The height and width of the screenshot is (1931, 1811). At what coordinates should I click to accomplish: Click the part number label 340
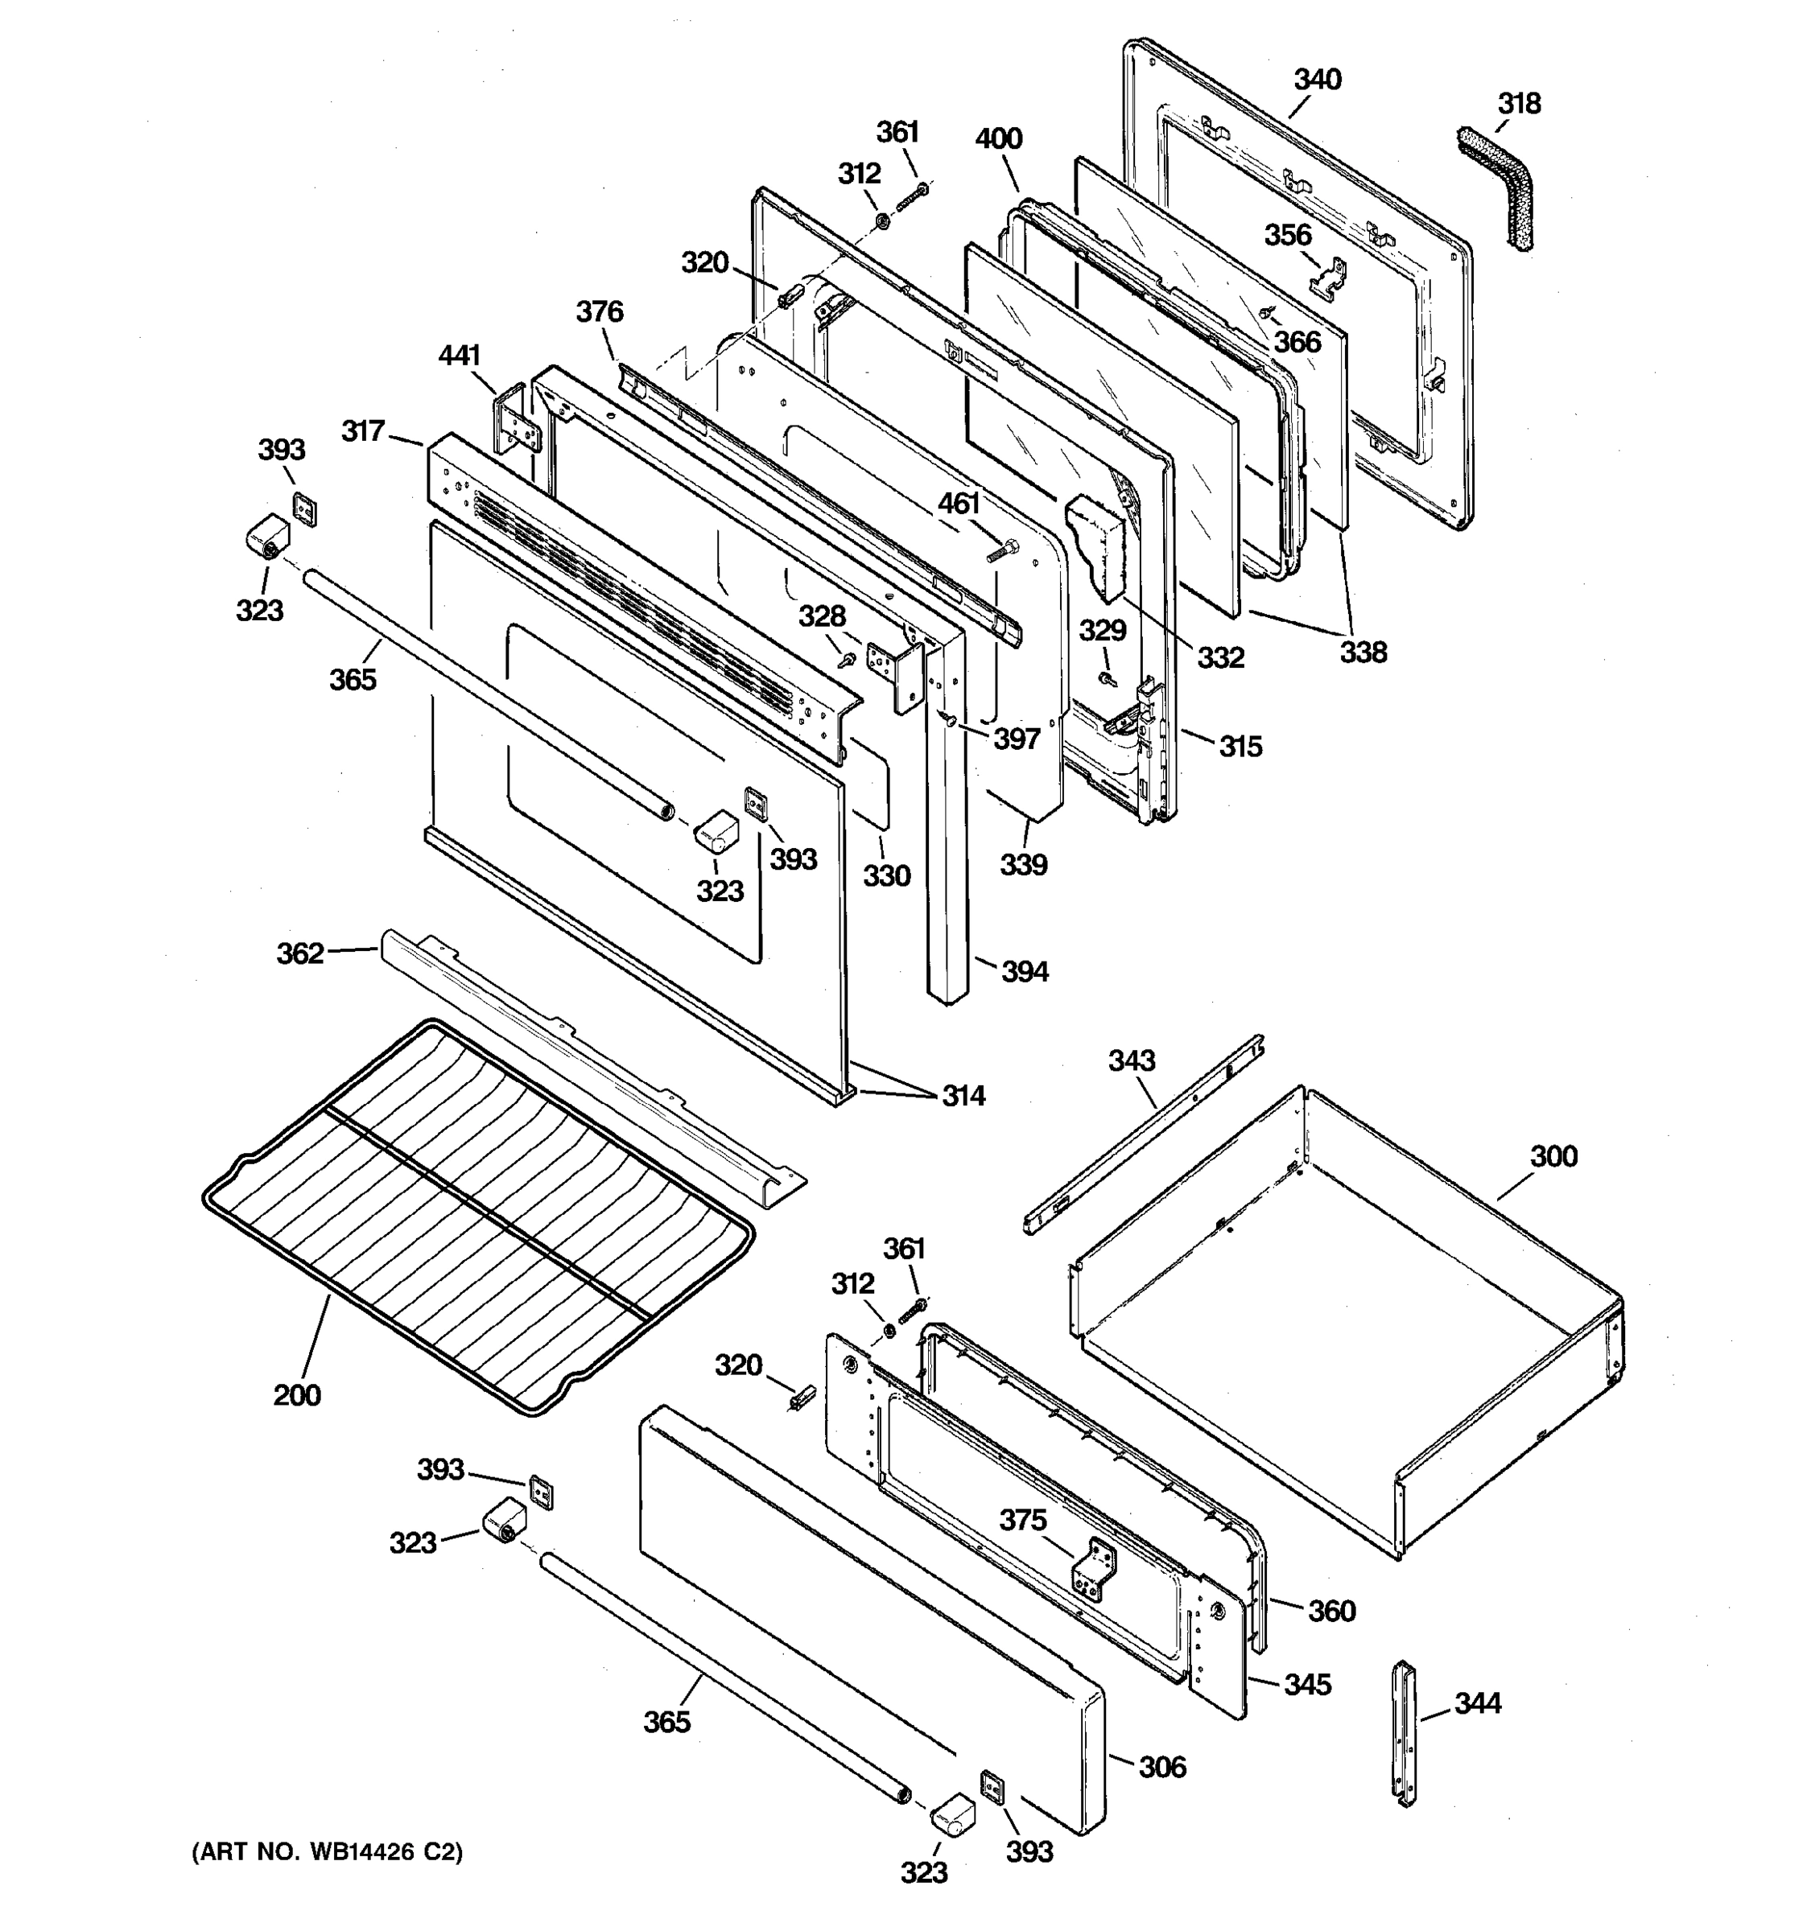[x=1317, y=80]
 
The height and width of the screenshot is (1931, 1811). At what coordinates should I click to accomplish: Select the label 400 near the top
[x=999, y=139]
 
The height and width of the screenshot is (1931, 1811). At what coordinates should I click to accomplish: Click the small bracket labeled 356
[x=1328, y=278]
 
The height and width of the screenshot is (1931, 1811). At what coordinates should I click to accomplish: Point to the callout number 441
[x=460, y=356]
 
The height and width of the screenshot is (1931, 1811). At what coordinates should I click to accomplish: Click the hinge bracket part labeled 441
[x=512, y=421]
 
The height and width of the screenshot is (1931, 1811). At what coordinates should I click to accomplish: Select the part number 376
[x=600, y=312]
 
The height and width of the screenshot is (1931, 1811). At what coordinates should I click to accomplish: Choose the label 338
[x=1363, y=652]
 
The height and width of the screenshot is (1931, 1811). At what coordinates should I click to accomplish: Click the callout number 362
[x=300, y=954]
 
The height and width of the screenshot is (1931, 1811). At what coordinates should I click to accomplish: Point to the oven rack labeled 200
[x=476, y=1214]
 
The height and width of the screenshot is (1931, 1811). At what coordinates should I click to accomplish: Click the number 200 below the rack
[x=296, y=1395]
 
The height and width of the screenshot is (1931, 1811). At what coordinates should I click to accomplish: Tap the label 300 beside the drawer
[x=1553, y=1156]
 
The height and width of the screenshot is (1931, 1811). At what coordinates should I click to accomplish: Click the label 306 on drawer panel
[x=1162, y=1767]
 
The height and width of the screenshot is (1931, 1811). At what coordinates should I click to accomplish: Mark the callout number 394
[x=1024, y=970]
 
